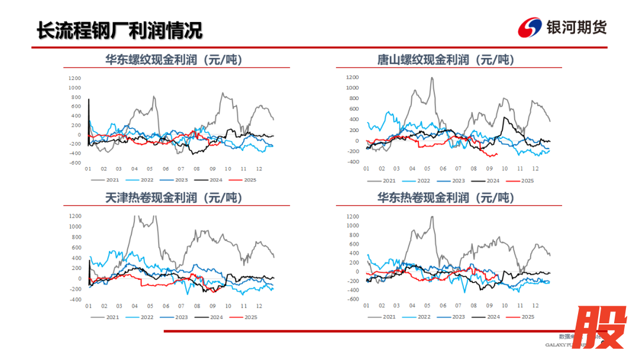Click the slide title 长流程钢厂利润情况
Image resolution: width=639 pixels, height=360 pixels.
[x=119, y=30]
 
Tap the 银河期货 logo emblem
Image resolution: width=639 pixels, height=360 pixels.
[x=530, y=27]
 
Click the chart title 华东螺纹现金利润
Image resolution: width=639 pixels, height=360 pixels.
[x=173, y=60]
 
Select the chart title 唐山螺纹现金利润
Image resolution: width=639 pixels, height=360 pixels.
[x=446, y=60]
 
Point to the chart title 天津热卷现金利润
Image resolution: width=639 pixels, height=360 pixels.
[x=173, y=198]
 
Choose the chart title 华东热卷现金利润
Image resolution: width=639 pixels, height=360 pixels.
[x=446, y=198]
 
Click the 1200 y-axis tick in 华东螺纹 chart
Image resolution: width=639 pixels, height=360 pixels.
[x=74, y=78]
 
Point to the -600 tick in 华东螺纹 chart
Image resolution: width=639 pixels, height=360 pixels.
[x=74, y=162]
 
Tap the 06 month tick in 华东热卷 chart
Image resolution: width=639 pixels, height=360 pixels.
[x=443, y=306]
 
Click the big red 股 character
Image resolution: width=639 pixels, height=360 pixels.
[x=601, y=327]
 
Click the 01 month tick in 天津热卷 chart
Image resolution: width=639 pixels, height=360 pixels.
[x=88, y=306]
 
